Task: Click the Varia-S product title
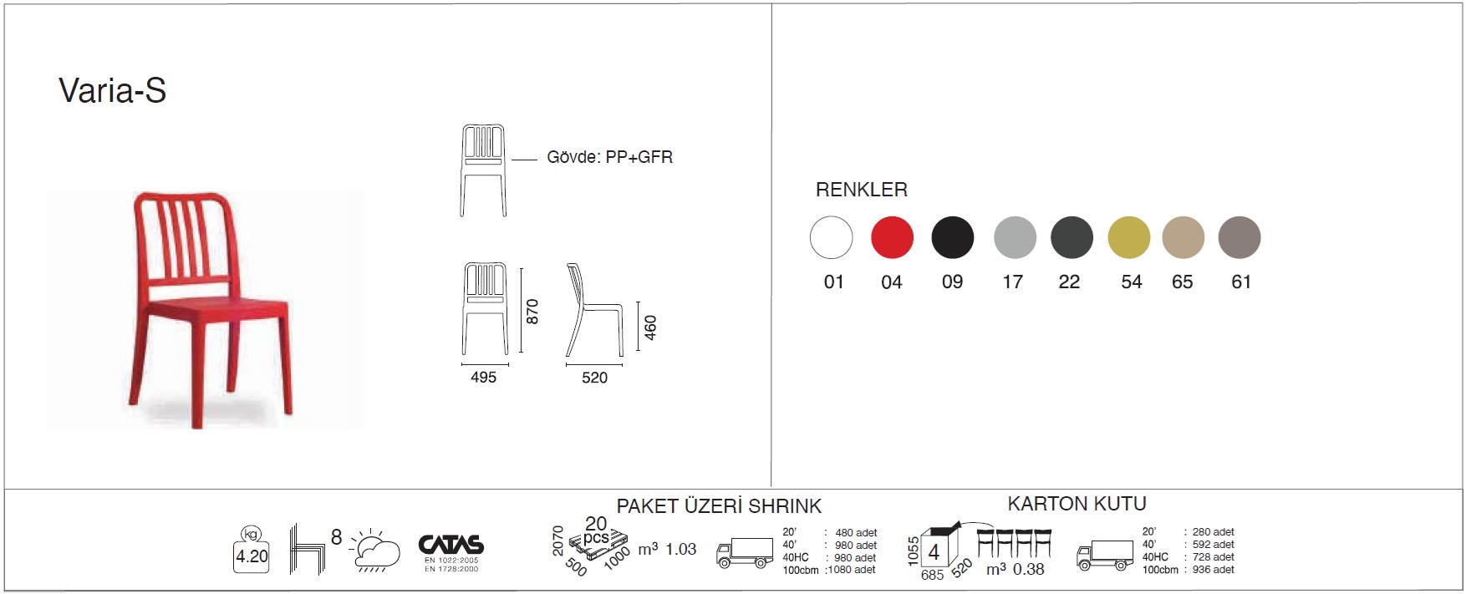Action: point(112,90)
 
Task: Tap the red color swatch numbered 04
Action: point(892,237)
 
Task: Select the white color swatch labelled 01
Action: point(831,237)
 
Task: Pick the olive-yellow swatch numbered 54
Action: point(1128,237)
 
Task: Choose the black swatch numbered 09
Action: point(953,237)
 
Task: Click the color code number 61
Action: point(1241,282)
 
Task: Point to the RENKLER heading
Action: point(862,190)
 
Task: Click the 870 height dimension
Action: point(532,311)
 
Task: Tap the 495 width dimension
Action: point(483,378)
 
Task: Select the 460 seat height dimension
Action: point(650,327)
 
